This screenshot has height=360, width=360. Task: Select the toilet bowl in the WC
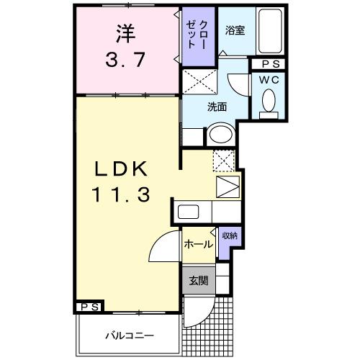[x=270, y=100]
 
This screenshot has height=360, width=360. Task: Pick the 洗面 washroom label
[x=217, y=107]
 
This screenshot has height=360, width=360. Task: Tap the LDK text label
[x=122, y=169]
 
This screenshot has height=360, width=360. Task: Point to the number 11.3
[x=121, y=194]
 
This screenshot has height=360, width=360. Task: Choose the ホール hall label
[x=198, y=244]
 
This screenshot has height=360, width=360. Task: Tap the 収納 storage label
[x=229, y=236]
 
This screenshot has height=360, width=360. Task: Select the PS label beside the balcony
[x=89, y=307]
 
